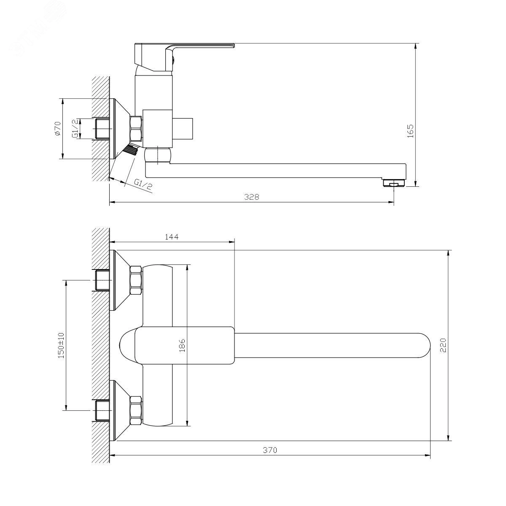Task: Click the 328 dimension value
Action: [x=252, y=197]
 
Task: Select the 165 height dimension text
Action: [x=411, y=131]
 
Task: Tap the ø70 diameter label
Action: [x=58, y=129]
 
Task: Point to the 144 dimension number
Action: [x=172, y=237]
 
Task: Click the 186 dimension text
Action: [x=182, y=346]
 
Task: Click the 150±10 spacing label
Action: [x=61, y=346]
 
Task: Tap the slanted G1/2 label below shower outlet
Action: [x=143, y=185]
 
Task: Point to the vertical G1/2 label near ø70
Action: [x=75, y=129]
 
